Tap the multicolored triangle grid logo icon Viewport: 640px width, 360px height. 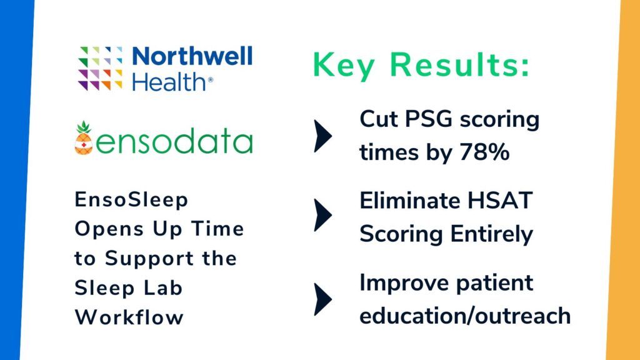click(100, 69)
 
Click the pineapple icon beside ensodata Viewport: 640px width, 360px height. click(84, 138)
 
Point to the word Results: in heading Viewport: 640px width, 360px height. click(467, 65)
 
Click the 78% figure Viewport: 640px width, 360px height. click(484, 152)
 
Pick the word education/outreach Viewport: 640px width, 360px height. click(465, 315)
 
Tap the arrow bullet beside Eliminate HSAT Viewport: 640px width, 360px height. click(322, 216)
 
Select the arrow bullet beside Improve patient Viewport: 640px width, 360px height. click(322, 299)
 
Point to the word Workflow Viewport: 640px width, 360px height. click(129, 316)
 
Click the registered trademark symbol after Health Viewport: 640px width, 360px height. click(210, 81)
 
